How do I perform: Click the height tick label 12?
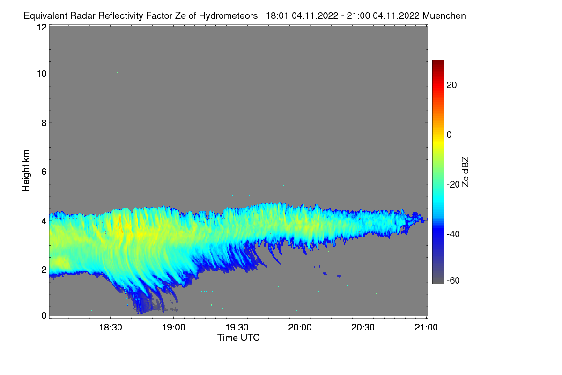[41, 27]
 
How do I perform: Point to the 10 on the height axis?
[41, 74]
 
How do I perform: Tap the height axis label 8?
[44, 123]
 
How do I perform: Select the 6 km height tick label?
[44, 172]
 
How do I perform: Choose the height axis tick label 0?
[44, 315]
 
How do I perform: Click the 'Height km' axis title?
[26, 171]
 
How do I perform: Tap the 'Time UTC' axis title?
[238, 337]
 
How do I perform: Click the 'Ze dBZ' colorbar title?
[465, 172]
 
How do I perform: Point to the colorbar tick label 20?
[452, 85]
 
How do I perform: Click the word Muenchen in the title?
[444, 15]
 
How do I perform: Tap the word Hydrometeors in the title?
[228, 15]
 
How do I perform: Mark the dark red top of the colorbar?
[438, 62]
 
